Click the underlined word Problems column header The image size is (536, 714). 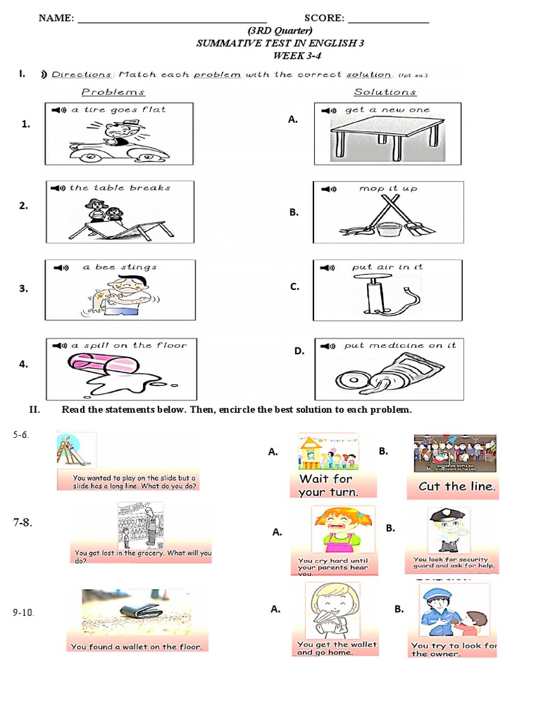(113, 92)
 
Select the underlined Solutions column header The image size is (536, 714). (385, 92)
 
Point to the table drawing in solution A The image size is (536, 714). (387, 136)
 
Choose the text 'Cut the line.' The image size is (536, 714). (457, 487)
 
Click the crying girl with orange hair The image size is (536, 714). (333, 529)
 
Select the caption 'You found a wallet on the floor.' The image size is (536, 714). (137, 646)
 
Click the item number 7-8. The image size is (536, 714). (24, 522)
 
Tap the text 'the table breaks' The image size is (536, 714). (120, 188)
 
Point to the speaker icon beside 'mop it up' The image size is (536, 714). (326, 189)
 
